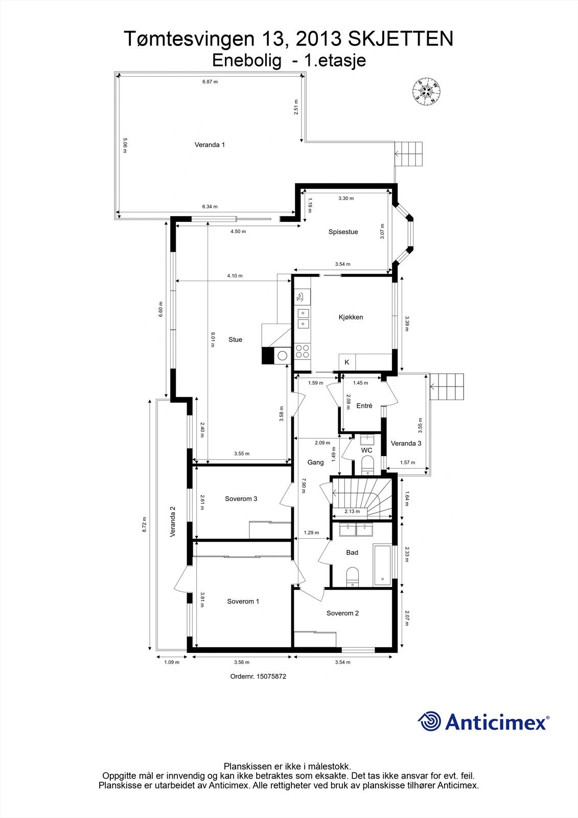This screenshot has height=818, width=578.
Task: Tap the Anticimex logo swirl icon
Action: pos(429,721)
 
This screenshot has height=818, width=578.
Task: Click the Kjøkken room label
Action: pos(351,317)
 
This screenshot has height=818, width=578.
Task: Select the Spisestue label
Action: pos(343,232)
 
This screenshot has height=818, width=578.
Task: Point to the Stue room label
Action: pos(235,339)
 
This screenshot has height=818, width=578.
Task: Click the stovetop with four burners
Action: pos(302,351)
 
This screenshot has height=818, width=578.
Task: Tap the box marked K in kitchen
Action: pos(347,362)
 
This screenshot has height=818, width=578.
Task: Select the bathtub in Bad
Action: pos(383,564)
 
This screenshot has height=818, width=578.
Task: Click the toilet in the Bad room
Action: pos(353,576)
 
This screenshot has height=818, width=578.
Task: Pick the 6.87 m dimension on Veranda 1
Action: pos(210,82)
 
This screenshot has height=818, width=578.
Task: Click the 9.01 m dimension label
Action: pos(213,339)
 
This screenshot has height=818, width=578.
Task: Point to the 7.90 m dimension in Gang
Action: pos(303,485)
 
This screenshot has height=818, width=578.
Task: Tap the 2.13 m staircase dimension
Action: pos(352,511)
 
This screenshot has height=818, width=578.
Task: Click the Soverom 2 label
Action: pos(342,613)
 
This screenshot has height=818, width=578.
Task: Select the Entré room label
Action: pos(364,406)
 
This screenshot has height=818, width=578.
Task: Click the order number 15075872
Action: pos(258,676)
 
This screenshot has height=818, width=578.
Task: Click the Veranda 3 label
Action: pos(406,443)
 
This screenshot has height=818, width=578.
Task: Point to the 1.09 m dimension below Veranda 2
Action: pos(171,663)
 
